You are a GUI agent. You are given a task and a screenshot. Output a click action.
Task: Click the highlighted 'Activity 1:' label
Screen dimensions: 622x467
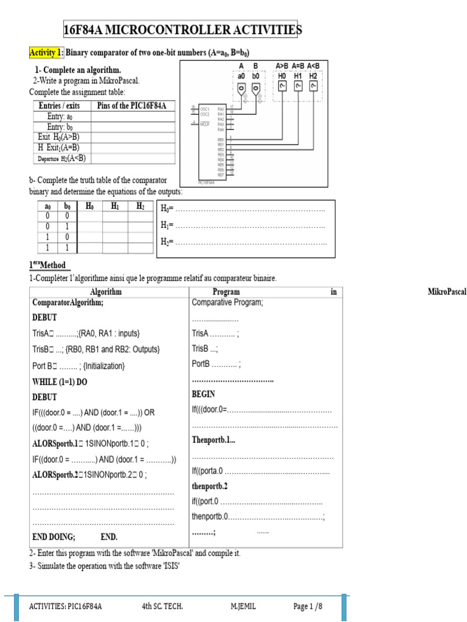pos(46,53)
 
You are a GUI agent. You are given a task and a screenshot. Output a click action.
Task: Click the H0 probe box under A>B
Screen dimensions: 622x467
pos(283,87)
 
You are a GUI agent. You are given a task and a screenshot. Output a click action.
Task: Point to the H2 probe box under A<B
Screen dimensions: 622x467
pos(313,87)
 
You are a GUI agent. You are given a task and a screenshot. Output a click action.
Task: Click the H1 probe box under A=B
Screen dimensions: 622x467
pos(298,87)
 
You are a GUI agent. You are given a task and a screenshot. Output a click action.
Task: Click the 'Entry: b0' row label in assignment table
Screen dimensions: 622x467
pos(60,127)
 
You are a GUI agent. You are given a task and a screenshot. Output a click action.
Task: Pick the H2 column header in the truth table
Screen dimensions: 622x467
pos(140,207)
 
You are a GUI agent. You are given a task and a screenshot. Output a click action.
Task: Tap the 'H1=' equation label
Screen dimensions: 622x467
pos(167,225)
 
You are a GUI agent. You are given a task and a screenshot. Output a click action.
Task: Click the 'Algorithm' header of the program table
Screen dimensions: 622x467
pos(106,292)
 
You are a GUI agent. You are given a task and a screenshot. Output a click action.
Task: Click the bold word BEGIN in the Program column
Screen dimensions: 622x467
pos(203,394)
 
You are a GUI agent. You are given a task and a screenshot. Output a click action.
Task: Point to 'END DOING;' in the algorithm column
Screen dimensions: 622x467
pos(54,537)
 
